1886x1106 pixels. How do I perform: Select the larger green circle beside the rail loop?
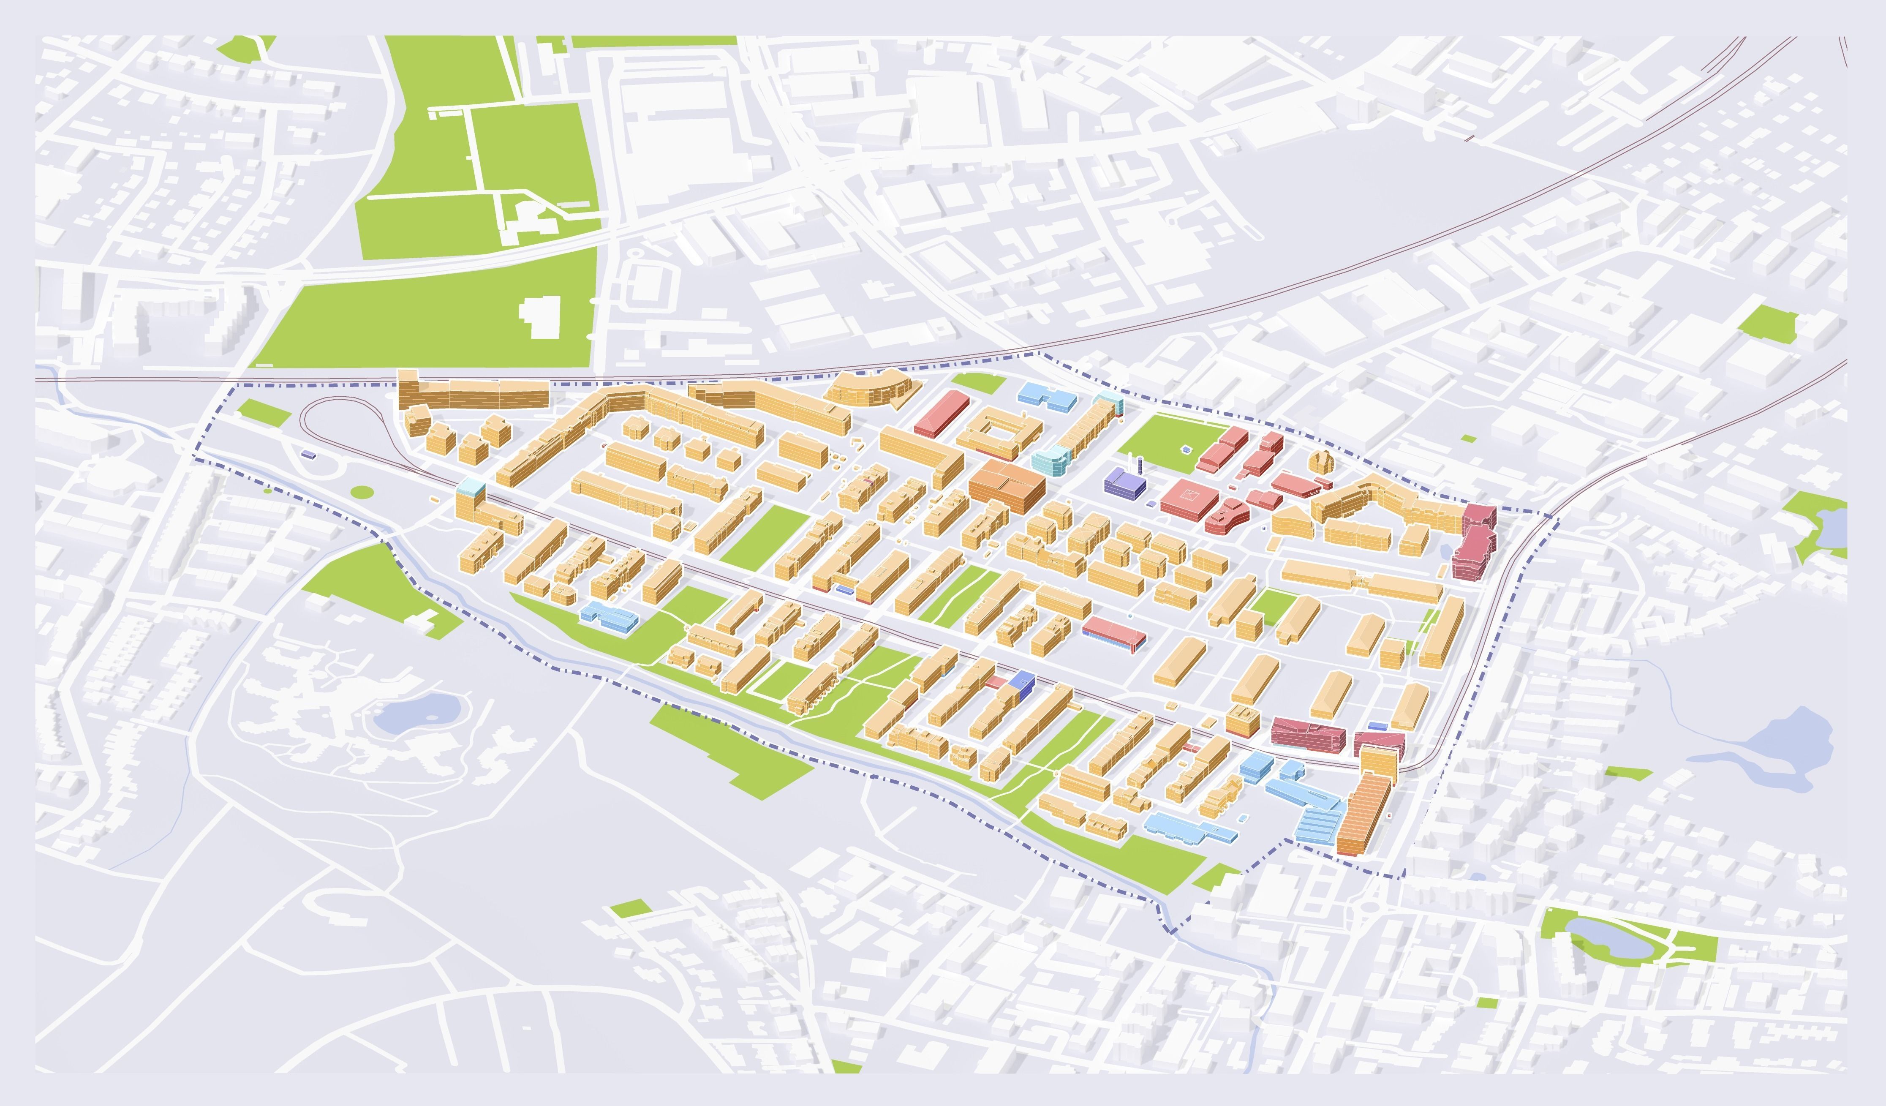(x=362, y=492)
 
